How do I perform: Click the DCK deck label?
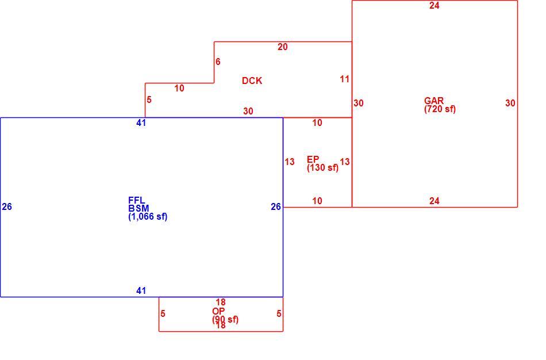point(252,81)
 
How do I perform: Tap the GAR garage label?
point(434,101)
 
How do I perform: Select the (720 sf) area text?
point(440,109)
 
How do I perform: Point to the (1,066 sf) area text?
point(148,217)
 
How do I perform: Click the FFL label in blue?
point(137,200)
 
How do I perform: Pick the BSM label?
point(139,208)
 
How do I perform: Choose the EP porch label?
point(313,159)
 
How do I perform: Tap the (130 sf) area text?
point(323,167)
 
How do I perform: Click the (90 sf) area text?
point(225,320)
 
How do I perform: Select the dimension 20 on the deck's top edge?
point(282,47)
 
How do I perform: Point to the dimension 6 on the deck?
point(218,62)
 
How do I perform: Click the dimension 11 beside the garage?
point(344,79)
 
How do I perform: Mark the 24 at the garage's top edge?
point(435,5)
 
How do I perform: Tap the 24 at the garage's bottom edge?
point(435,201)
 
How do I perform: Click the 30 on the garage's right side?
point(510,103)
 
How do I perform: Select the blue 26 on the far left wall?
point(7,206)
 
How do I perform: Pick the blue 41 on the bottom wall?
point(141,290)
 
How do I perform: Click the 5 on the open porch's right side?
point(279,313)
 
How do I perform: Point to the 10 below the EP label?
point(317,201)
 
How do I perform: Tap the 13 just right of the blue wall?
point(290,162)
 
